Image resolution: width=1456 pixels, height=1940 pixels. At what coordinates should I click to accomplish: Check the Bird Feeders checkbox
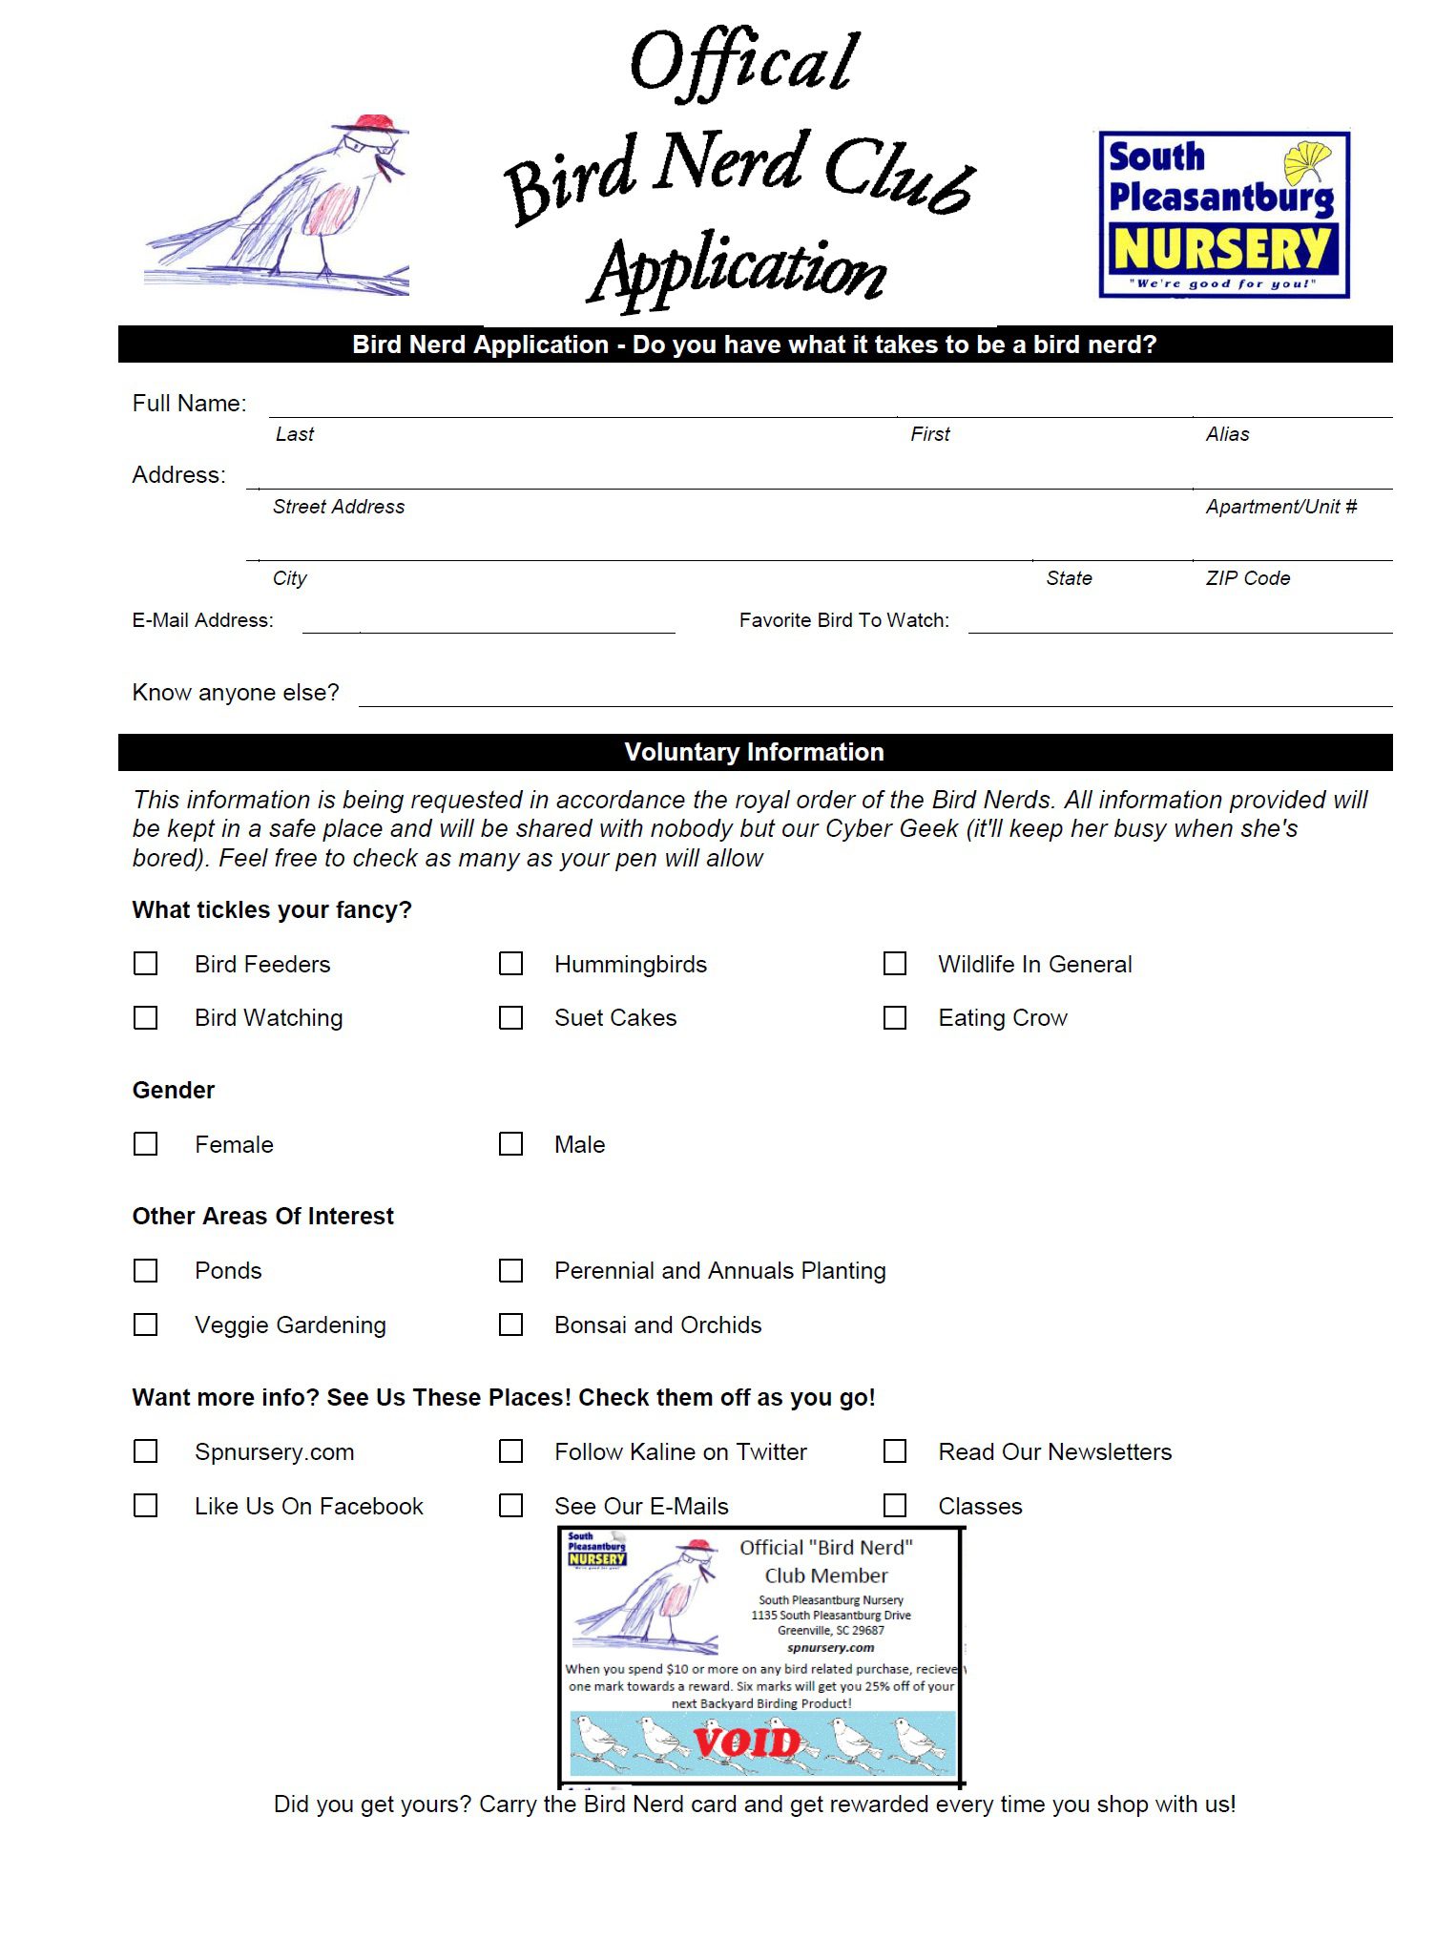click(146, 964)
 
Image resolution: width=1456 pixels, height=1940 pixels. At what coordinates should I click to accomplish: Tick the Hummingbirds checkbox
click(511, 964)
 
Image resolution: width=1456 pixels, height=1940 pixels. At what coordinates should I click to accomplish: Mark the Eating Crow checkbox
click(895, 1018)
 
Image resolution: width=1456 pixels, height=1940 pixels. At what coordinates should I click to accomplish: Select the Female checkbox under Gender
click(146, 1144)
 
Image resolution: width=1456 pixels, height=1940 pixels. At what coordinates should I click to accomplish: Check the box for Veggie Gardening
click(146, 1325)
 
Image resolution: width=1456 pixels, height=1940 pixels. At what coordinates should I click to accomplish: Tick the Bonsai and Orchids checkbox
click(511, 1325)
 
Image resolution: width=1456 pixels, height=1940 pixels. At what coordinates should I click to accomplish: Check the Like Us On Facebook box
click(146, 1506)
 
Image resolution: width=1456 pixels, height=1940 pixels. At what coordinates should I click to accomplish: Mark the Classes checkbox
click(895, 1506)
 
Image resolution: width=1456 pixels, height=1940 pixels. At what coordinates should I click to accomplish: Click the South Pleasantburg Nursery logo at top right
click(1224, 215)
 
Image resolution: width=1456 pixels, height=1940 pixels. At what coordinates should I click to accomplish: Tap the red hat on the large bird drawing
click(373, 124)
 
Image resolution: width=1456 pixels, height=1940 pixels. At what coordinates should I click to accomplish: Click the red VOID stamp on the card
click(747, 1742)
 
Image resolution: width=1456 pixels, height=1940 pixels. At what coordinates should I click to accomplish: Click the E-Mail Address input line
click(489, 625)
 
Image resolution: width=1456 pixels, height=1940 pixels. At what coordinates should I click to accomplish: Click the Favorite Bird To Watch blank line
click(1179, 625)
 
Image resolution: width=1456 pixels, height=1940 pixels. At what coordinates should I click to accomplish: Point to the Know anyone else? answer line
click(875, 698)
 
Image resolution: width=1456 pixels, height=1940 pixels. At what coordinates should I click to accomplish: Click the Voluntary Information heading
click(754, 752)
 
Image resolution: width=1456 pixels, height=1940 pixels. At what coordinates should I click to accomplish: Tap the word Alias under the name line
click(1227, 434)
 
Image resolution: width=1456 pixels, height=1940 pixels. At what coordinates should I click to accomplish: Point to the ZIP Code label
click(1247, 578)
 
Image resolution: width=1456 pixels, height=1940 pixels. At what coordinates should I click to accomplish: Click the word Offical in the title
click(744, 62)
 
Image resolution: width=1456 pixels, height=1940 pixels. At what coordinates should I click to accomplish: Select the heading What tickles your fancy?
click(272, 909)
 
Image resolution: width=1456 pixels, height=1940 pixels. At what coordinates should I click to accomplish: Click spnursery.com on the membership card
click(830, 1647)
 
